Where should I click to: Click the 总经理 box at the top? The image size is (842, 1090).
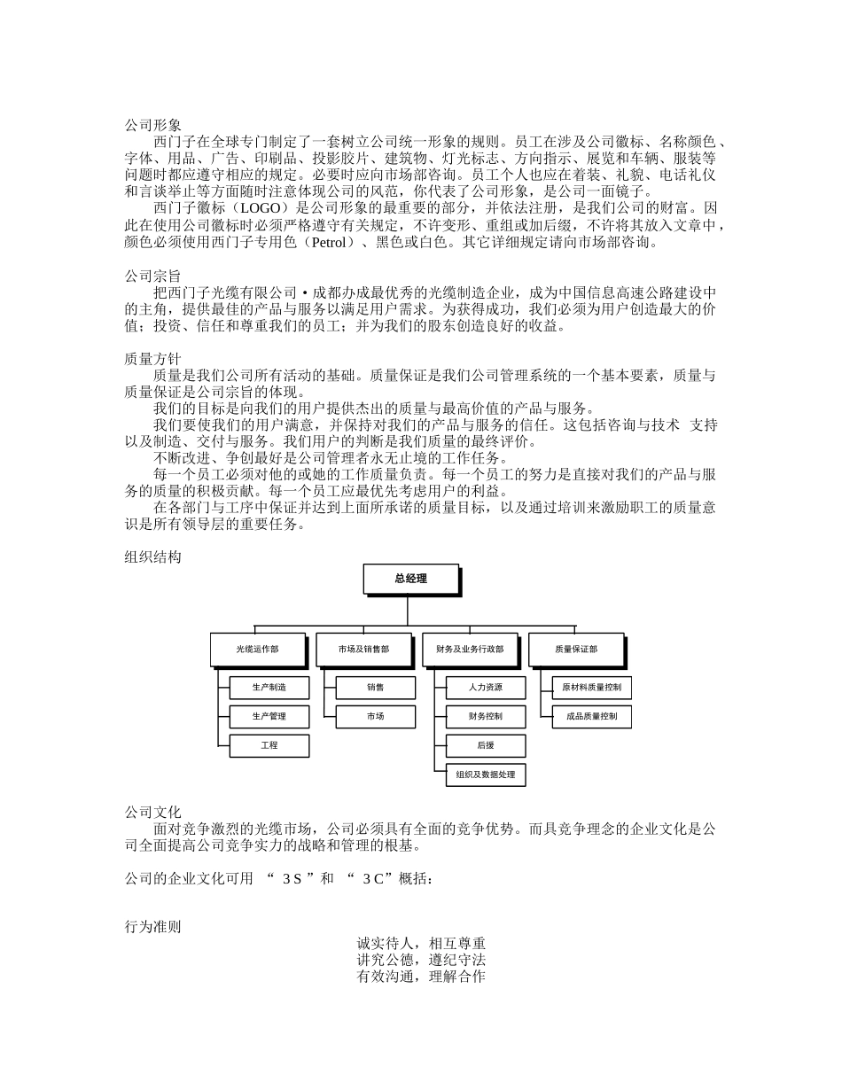coord(411,579)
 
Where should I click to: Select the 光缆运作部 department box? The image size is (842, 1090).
coord(257,649)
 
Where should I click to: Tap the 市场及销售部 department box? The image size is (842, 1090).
coord(363,649)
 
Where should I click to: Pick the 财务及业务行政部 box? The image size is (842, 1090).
coord(470,649)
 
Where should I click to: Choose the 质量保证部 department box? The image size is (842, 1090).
coord(576,649)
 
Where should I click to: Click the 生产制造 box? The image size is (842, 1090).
coord(269,688)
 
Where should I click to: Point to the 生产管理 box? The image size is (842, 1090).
coord(269,716)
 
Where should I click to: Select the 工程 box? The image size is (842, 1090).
coord(269,745)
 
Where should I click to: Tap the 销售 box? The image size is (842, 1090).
coord(376,688)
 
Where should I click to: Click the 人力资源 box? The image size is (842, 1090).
coord(486,688)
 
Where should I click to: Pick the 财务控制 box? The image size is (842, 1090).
coord(486,716)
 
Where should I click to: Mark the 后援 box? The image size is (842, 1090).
coord(486,745)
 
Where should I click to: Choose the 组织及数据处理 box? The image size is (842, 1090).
coord(486,775)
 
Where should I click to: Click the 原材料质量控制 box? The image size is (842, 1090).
coord(592,688)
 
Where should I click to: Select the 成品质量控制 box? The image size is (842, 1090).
coord(592,716)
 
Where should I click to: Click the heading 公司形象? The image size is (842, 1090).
coord(152,126)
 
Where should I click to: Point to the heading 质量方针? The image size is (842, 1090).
coord(152,359)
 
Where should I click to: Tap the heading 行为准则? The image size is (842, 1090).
coord(152,927)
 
